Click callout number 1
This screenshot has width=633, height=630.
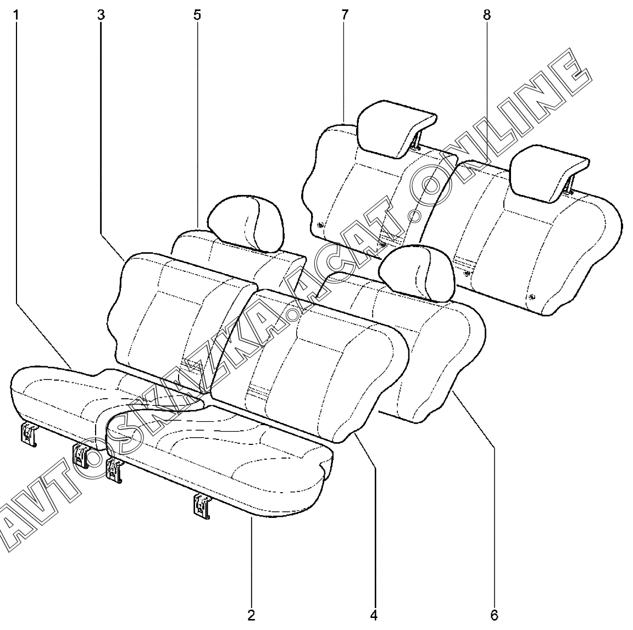[16, 15]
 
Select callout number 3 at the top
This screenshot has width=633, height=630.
[101, 15]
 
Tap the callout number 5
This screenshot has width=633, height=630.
[197, 15]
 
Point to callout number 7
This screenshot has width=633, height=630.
[345, 15]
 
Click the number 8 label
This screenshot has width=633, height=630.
[486, 15]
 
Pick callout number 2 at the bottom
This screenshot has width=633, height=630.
[251, 614]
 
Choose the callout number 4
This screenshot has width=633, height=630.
[374, 614]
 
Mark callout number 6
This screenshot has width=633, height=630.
[494, 614]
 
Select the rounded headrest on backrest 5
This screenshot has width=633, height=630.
[246, 222]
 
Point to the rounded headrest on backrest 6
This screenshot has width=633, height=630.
[420, 272]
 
